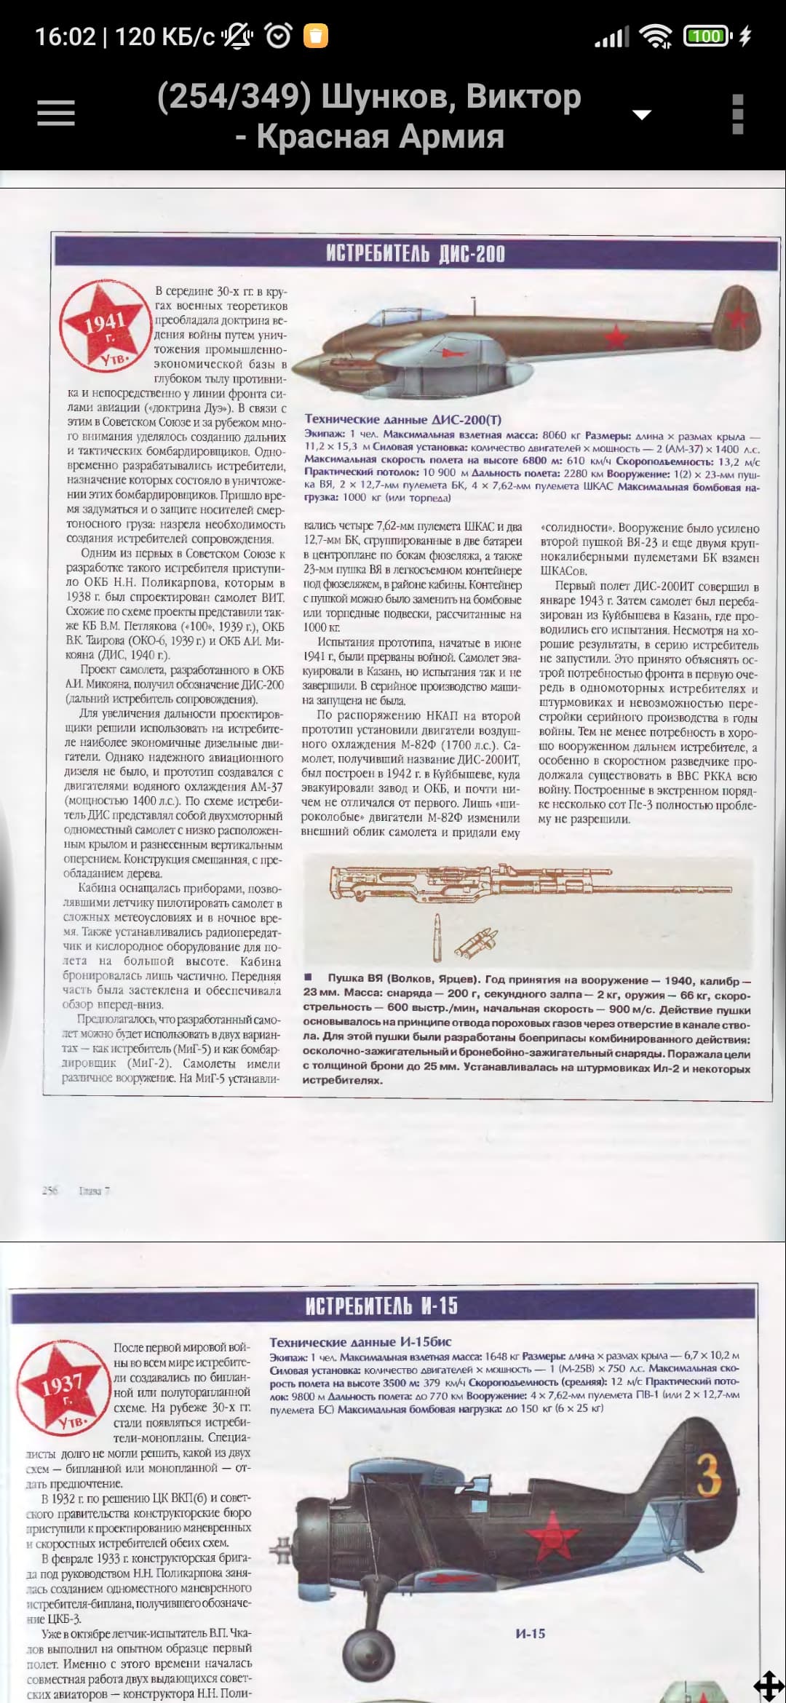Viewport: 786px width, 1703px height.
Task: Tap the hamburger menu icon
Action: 56,114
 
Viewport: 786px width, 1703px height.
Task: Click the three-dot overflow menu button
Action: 737,114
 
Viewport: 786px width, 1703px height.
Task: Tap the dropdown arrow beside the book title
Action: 641,114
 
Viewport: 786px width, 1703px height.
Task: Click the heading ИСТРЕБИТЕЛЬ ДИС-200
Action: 415,253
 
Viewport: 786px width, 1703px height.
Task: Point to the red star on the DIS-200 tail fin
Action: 738,317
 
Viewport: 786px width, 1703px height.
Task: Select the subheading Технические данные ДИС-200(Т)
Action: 402,419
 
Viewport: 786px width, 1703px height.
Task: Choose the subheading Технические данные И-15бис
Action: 360,1342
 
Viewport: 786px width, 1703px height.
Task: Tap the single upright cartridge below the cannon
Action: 437,933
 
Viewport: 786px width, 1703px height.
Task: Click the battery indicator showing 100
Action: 705,36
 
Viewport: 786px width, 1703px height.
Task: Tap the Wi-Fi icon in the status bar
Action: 656,36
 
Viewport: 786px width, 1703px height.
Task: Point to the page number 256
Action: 49,1191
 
